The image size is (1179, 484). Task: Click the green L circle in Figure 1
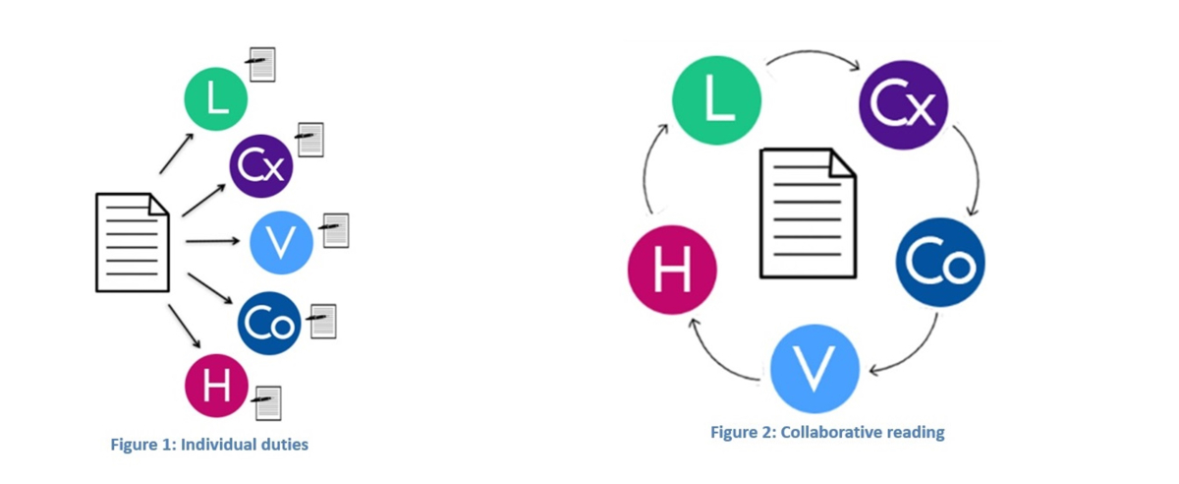click(x=216, y=98)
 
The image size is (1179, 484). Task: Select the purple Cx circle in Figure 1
click(x=261, y=165)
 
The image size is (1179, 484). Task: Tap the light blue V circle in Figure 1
click(x=281, y=243)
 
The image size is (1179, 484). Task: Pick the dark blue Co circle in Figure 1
click(x=269, y=324)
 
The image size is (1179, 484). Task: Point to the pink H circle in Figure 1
click(x=216, y=386)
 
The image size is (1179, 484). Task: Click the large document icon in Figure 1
click(x=133, y=243)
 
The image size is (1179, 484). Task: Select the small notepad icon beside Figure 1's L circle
click(x=261, y=65)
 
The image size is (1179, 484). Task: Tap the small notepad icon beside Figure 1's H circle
click(x=267, y=403)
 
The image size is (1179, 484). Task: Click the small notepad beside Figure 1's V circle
click(x=335, y=230)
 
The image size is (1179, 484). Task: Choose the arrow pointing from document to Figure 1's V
click(x=212, y=241)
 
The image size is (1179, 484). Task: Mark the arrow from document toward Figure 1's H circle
click(x=185, y=327)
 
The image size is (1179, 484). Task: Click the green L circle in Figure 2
click(x=717, y=100)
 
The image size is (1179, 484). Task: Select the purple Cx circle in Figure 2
click(x=904, y=105)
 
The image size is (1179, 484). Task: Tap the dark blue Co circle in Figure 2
click(x=940, y=262)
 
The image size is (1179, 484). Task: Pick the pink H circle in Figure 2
click(x=672, y=270)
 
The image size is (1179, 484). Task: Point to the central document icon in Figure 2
click(x=808, y=213)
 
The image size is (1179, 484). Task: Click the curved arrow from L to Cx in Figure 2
click(x=814, y=52)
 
